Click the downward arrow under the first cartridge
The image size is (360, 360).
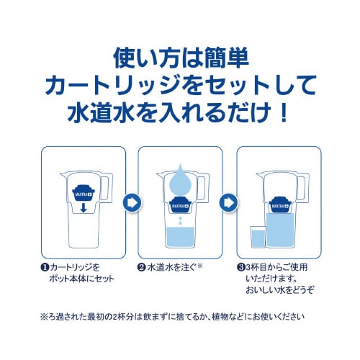tap(84, 207)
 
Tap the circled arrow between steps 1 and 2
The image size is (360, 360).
tap(132, 203)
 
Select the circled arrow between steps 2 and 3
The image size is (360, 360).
tap(228, 203)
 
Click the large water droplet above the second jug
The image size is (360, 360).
tap(180, 179)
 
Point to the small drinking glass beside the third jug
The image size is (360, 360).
tap(258, 237)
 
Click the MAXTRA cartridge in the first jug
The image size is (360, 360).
tap(84, 192)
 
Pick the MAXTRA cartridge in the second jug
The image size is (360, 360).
tap(180, 204)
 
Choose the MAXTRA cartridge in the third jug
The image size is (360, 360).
tap(279, 204)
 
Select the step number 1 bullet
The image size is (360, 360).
tap(45, 268)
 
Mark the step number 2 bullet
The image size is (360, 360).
tap(142, 267)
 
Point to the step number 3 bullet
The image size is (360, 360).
tap(240, 267)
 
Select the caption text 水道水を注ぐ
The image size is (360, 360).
tap(171, 267)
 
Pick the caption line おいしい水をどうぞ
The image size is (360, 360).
tap(280, 290)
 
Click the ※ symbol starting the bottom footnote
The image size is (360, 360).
tap(45, 318)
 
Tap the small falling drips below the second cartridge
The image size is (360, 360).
tap(180, 220)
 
